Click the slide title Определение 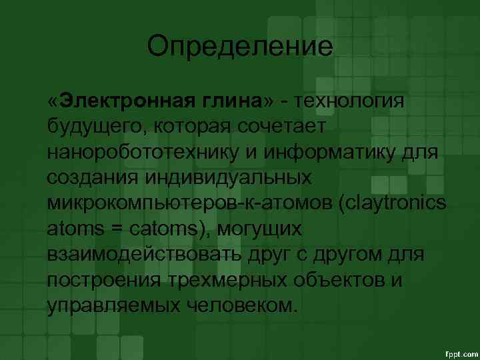coord(239,46)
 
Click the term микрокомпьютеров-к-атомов coord(190,203)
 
